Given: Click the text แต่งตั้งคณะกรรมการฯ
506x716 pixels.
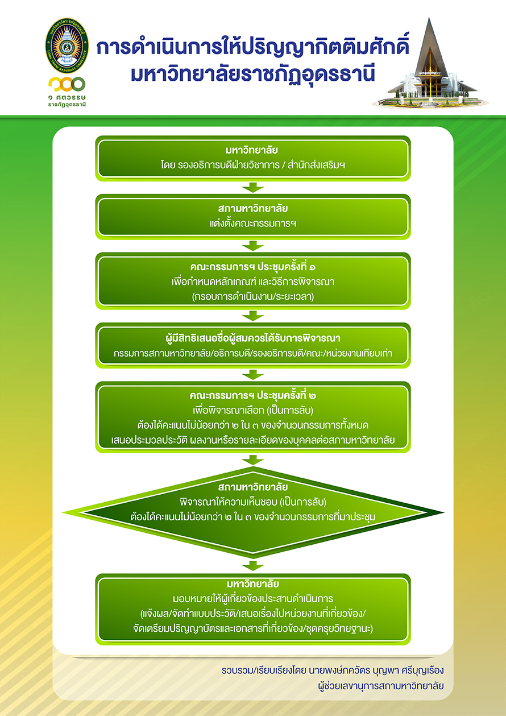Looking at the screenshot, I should (253, 224).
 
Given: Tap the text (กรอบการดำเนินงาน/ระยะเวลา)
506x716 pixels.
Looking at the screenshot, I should (253, 296).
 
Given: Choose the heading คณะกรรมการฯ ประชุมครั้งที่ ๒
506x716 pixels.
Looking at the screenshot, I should (253, 396).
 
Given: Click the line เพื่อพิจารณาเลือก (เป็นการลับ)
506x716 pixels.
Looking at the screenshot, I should (253, 410).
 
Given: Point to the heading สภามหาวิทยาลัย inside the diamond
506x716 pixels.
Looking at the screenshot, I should (253, 488).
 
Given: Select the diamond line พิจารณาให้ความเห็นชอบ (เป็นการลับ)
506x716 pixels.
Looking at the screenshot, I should (253, 502).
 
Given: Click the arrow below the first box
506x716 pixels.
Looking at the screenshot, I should (253, 188).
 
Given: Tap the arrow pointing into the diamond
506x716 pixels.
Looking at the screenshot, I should (253, 461).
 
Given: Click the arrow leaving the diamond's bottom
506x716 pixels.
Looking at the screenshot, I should (253, 566).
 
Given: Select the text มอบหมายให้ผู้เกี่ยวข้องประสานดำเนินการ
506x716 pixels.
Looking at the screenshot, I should (253, 599).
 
